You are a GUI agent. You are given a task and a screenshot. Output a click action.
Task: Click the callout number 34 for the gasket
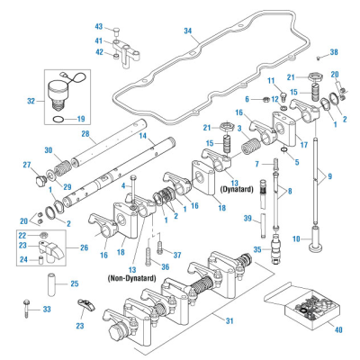(187, 31)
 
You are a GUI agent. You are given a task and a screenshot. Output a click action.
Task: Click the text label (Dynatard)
(237, 191)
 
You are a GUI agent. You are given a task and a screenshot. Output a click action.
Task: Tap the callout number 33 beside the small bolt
(49, 309)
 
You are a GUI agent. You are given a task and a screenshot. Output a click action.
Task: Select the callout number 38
(334, 52)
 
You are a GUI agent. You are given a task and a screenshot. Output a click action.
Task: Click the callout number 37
(178, 254)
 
